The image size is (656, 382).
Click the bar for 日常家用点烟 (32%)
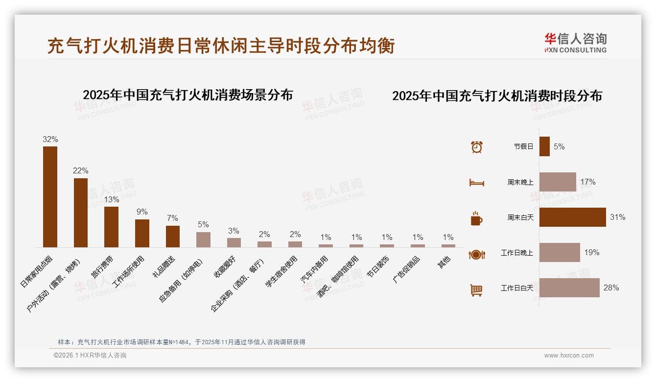(x=50, y=197)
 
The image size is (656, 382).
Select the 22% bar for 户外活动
(x=81, y=213)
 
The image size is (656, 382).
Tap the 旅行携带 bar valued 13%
(x=111, y=227)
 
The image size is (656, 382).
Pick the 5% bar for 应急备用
(x=203, y=239)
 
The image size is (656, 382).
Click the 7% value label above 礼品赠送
(x=172, y=218)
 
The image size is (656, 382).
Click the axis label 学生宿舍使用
(x=281, y=271)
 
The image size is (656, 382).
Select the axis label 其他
(x=444, y=262)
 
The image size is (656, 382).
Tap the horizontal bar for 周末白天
(x=572, y=217)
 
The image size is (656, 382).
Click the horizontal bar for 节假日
(x=544, y=146)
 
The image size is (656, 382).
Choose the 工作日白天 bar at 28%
(x=569, y=287)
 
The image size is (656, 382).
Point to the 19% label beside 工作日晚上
(x=591, y=253)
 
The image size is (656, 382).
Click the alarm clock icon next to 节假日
(x=476, y=146)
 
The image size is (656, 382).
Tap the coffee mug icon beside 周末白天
(x=476, y=218)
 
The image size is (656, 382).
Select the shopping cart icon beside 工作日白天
(x=476, y=290)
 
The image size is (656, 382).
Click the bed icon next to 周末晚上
(x=476, y=183)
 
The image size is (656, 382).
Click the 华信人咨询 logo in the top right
(x=575, y=43)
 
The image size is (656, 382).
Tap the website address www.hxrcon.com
(x=569, y=356)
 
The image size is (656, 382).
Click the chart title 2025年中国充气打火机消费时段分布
(x=497, y=95)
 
